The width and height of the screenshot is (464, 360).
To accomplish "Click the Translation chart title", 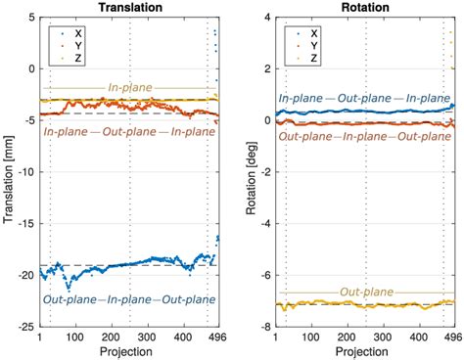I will (x=128, y=8).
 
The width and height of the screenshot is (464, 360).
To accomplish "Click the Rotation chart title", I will (x=362, y=8).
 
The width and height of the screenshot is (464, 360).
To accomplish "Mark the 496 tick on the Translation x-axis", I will (x=217, y=337).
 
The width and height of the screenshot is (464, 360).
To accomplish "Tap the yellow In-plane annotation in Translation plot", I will (x=128, y=88).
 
